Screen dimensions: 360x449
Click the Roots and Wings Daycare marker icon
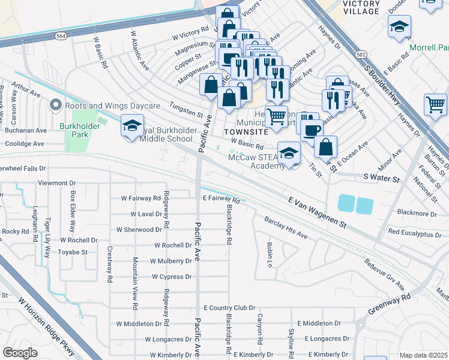(56, 106)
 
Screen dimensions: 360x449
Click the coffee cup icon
(312, 130)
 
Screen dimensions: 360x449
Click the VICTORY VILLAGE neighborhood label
(361, 7)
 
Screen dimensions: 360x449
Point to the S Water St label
(381, 179)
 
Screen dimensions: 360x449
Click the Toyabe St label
(73, 253)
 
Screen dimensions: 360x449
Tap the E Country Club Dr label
(229, 308)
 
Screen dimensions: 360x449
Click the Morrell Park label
(429, 47)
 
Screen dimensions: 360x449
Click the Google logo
(20, 353)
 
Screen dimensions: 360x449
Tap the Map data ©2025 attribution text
(423, 355)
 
